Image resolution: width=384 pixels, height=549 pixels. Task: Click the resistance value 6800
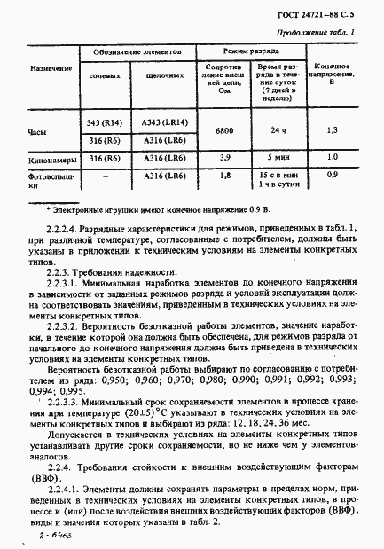coord(224,130)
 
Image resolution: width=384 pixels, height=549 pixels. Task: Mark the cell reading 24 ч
coord(274,130)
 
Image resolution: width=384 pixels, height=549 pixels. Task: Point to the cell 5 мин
coord(274,157)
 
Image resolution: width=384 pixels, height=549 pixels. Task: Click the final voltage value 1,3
coord(332,130)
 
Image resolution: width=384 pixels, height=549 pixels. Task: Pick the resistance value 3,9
coord(224,157)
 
